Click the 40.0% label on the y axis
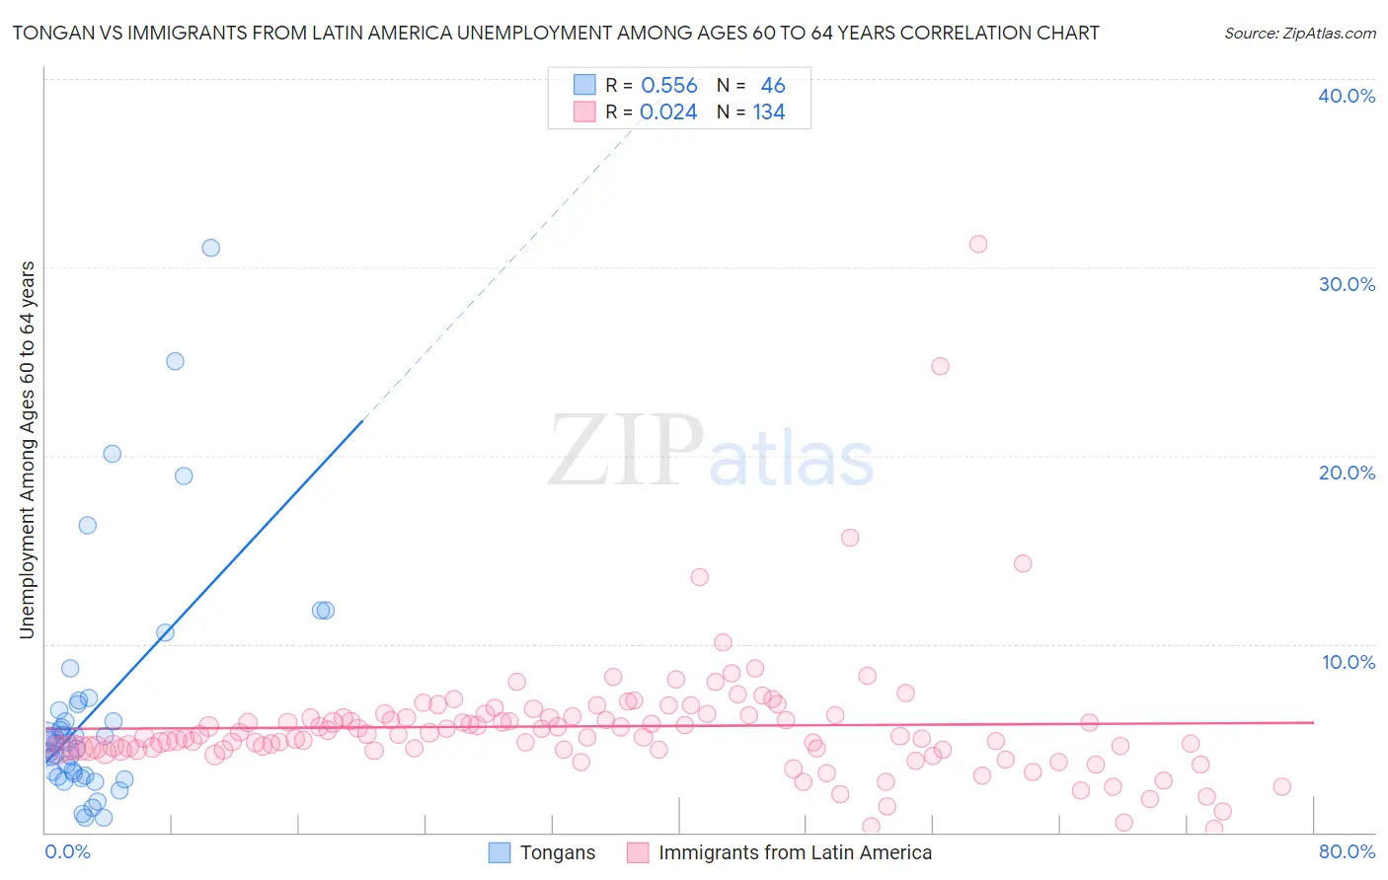pyautogui.click(x=1347, y=96)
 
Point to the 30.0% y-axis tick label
pyautogui.click(x=1347, y=284)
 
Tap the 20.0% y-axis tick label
pyautogui.click(x=1347, y=473)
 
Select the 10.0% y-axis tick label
pyautogui.click(x=1349, y=662)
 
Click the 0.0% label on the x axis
pyautogui.click(x=67, y=851)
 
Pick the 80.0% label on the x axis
pyautogui.click(x=1347, y=851)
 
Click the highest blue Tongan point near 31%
pyautogui.click(x=210, y=248)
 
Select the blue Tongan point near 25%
pyautogui.click(x=175, y=361)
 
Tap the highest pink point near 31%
pyautogui.click(x=978, y=244)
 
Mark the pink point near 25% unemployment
pyautogui.click(x=940, y=366)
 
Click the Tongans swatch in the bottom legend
pyautogui.click(x=501, y=852)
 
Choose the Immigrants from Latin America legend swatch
pyautogui.click(x=638, y=852)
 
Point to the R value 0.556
pyautogui.click(x=669, y=86)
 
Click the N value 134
pyautogui.click(x=769, y=112)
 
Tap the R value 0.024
pyautogui.click(x=668, y=112)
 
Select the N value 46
pyautogui.click(x=773, y=86)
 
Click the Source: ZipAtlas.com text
pyautogui.click(x=1299, y=34)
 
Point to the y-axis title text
pyautogui.click(x=28, y=449)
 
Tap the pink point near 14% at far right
pyautogui.click(x=1023, y=563)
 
